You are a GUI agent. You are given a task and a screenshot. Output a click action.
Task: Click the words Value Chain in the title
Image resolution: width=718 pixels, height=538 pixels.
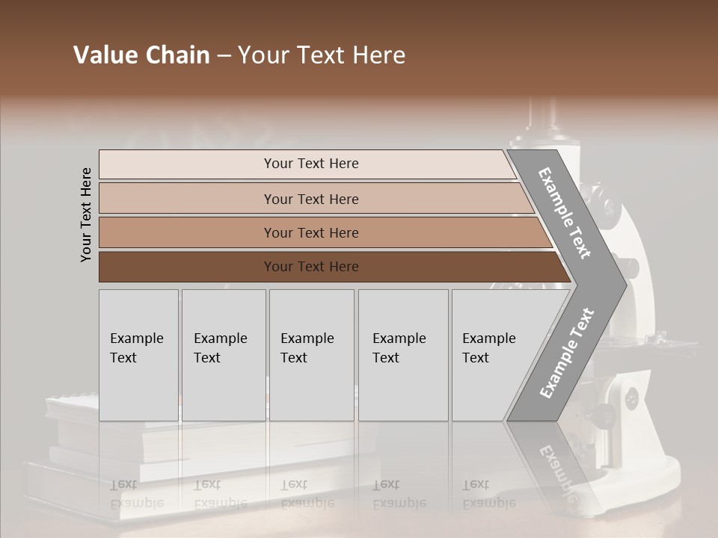tap(141, 55)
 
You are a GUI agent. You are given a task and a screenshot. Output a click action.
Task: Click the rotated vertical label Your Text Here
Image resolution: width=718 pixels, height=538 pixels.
tap(87, 214)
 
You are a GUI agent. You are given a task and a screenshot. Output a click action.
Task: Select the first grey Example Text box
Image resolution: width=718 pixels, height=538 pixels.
tap(138, 355)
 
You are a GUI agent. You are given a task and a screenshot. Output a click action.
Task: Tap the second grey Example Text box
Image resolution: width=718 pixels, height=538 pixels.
tap(223, 355)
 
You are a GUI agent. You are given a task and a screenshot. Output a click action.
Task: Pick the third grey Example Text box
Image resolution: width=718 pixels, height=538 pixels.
tap(311, 355)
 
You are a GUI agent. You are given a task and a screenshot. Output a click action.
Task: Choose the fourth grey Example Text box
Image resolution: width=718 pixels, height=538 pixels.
tap(403, 355)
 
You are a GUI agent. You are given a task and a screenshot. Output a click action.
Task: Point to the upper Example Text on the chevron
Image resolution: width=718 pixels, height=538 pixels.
tap(565, 213)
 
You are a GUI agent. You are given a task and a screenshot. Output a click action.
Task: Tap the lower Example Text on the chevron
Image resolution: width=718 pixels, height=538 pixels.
tap(566, 353)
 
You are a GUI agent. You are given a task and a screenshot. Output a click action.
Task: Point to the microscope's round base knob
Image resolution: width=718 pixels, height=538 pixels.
tap(632, 398)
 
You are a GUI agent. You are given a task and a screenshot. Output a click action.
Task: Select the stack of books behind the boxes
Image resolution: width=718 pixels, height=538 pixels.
tap(71, 448)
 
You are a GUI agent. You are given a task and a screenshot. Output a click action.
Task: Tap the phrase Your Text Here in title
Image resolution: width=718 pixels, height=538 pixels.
tap(322, 55)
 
